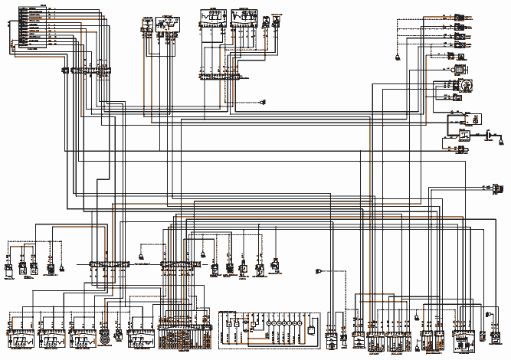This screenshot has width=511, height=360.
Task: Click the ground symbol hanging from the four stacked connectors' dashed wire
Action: coord(398,57)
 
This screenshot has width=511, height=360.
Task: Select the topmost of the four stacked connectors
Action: coord(459,17)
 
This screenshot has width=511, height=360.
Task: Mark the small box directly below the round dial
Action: coord(459,97)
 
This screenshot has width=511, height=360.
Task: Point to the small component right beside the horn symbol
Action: coord(117,335)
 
